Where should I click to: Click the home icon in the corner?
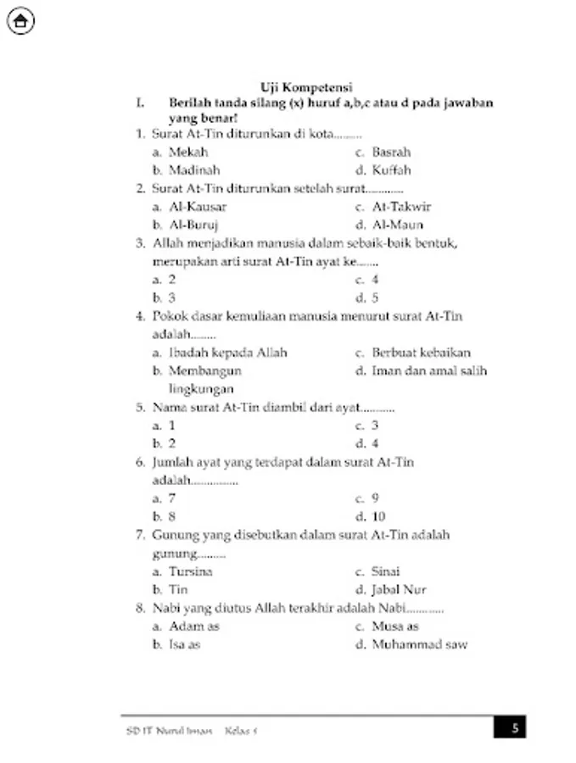coord(20,21)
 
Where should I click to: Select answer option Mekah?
coord(188,153)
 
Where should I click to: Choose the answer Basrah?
coord(391,153)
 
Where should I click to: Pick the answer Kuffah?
coord(391,170)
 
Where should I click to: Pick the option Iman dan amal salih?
coord(429,370)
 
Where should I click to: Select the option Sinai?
coord(386,571)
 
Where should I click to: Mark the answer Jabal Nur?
coord(399,589)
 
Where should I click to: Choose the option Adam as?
coord(194,627)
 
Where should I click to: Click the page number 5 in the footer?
coord(514,727)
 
